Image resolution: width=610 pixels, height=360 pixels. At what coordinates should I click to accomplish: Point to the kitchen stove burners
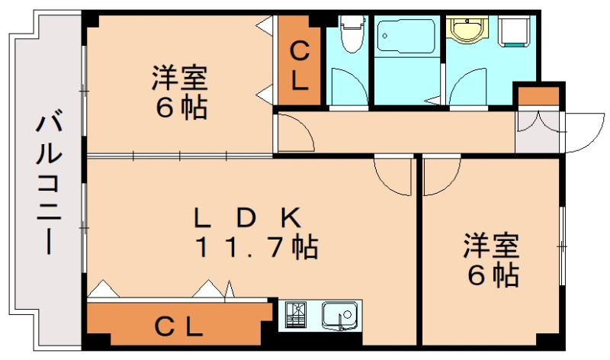[296, 314]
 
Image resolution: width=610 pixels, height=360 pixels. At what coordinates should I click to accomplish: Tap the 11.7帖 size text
[256, 247]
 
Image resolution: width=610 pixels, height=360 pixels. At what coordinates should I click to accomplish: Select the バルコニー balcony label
[49, 183]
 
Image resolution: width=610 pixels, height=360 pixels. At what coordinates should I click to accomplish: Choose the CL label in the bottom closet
[179, 327]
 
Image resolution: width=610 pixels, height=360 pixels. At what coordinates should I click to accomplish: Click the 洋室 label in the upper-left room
[180, 79]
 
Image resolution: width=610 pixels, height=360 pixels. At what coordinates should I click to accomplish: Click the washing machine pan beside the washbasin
[512, 34]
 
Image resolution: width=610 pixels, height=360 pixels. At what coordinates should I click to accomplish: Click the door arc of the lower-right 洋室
[441, 176]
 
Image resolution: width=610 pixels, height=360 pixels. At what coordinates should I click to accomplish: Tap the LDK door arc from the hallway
[393, 176]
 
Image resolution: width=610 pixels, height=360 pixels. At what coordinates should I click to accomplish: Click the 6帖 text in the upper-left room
[181, 108]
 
